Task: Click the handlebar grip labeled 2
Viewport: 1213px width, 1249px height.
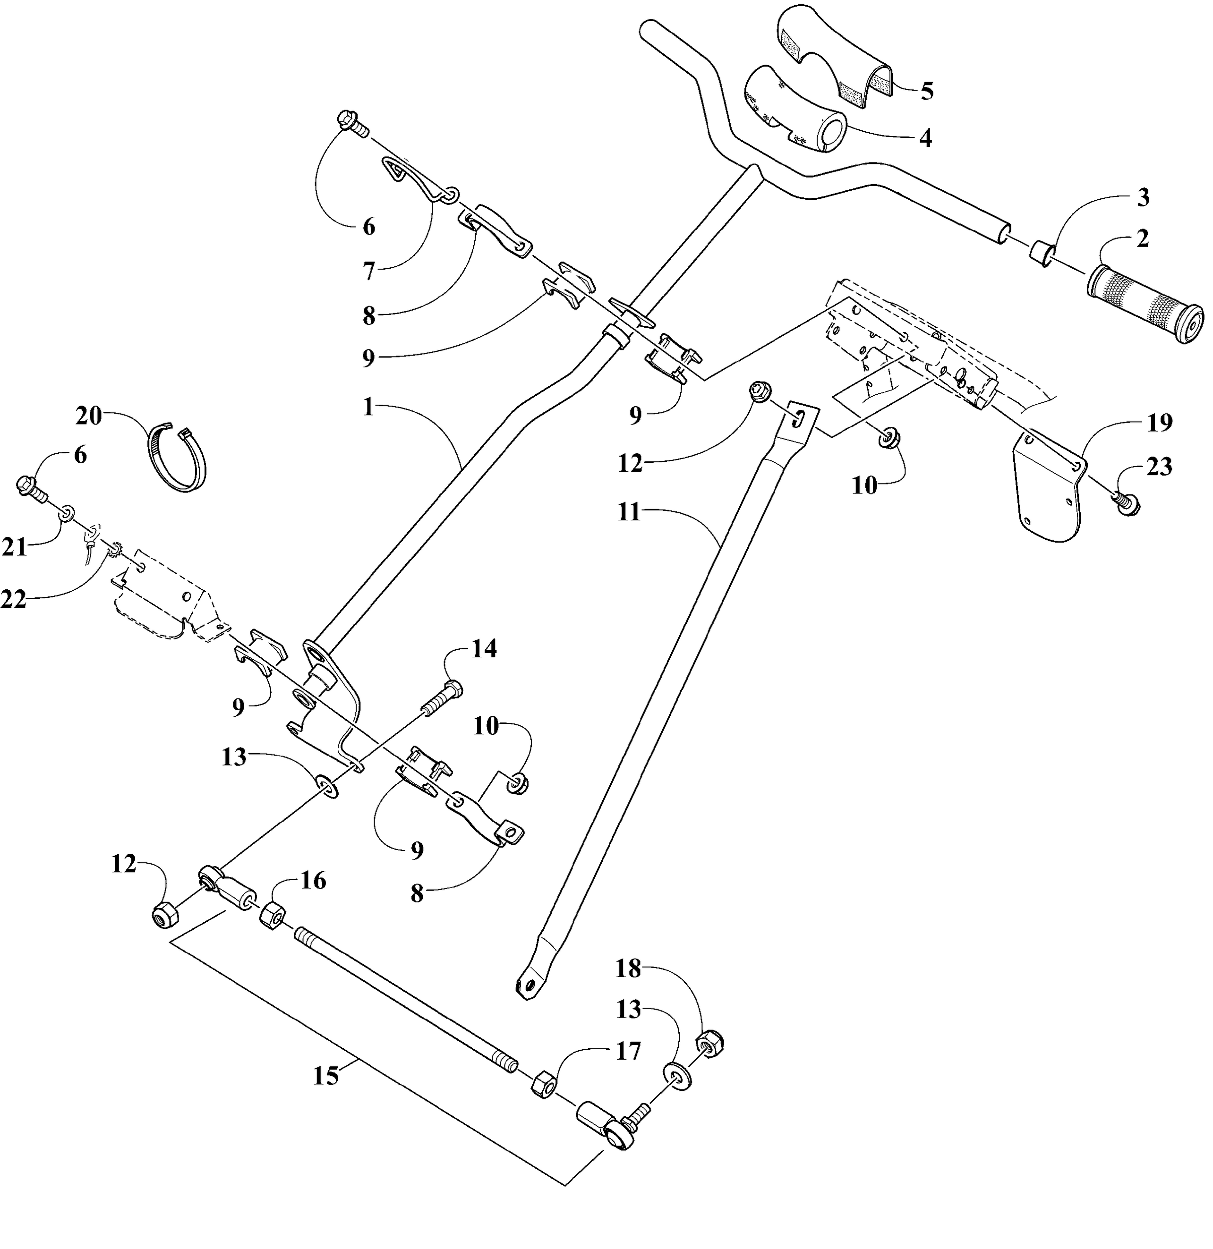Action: coord(1144,304)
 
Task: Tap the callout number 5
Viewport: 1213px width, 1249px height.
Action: coord(927,91)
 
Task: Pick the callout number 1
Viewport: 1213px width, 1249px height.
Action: coord(368,407)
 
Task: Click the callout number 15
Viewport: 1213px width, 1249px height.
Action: coord(326,1076)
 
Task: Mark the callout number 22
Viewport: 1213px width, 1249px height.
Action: coord(14,599)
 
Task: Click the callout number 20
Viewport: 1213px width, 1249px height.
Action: coord(89,416)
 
